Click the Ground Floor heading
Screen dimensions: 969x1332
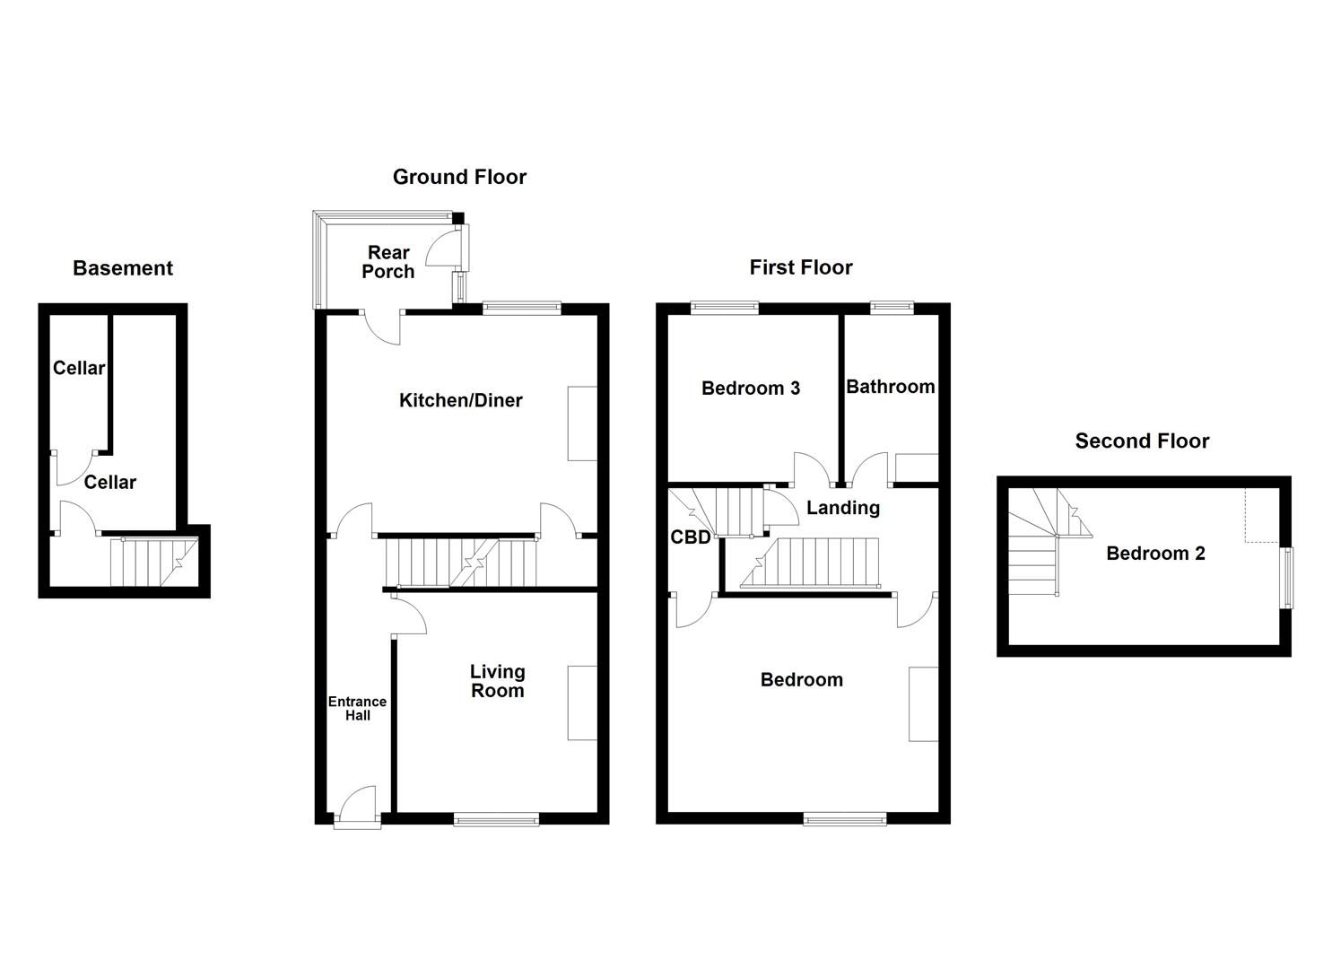[459, 177]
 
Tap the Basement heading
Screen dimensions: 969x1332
[123, 268]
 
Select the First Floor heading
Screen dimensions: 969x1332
[801, 267]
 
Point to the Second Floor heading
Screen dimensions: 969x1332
[1142, 441]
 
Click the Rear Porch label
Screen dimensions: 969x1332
[388, 262]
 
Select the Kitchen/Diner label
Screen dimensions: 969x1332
[460, 401]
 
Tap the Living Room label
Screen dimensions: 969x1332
[497, 681]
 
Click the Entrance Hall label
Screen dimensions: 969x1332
[357, 709]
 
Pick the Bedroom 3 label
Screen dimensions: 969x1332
[751, 388]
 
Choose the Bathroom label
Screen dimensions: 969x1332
[891, 387]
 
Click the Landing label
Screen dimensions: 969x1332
[842, 508]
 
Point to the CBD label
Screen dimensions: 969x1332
[691, 537]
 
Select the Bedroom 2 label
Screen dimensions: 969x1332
[1155, 554]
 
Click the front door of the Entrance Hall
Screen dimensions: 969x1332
[357, 806]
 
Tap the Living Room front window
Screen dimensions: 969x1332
[496, 818]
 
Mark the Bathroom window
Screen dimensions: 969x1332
[892, 308]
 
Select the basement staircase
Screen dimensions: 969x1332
[152, 562]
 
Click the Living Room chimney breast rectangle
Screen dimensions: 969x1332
[582, 703]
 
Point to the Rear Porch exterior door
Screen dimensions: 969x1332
[446, 248]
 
